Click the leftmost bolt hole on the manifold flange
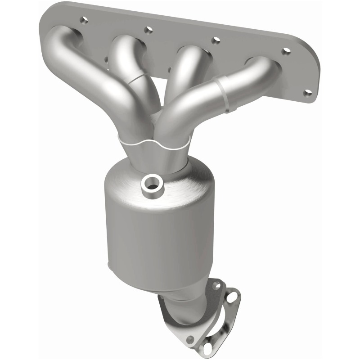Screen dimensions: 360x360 click(84, 20)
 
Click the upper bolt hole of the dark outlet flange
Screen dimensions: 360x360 click(216, 285)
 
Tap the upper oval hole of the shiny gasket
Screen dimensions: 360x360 click(232, 297)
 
